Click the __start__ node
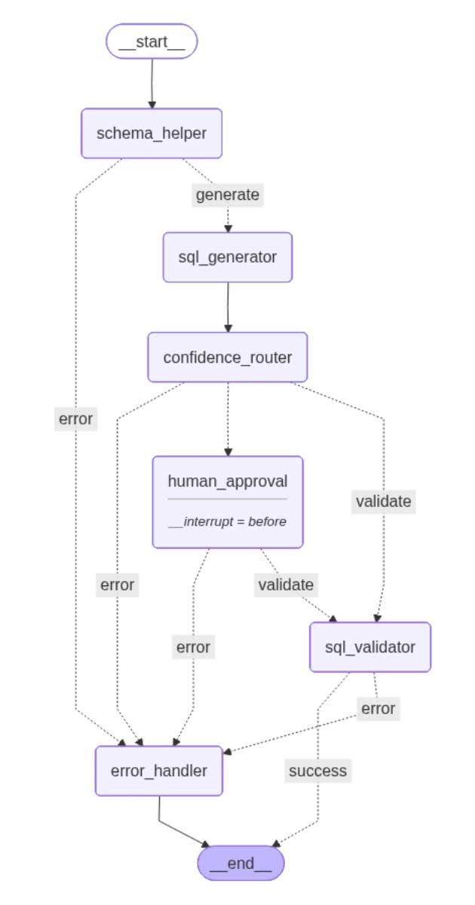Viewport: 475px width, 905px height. tap(152, 41)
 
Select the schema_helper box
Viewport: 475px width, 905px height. tap(152, 133)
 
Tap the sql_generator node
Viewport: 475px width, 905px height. tap(227, 257)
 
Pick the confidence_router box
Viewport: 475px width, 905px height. tap(227, 357)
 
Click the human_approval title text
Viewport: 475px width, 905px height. tap(227, 481)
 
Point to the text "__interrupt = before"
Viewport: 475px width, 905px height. tap(227, 521)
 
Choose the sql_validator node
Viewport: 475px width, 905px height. tap(369, 647)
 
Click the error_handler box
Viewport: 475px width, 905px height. tap(159, 771)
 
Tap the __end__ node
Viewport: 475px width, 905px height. tap(241, 863)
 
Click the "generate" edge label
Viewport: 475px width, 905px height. tap(227, 195)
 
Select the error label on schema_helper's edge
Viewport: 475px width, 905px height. tap(75, 419)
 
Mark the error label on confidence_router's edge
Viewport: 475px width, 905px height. tap(117, 584)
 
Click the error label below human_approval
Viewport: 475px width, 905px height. tap(193, 646)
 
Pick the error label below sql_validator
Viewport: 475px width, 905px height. tap(378, 708)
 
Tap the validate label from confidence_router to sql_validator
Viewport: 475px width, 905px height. tap(383, 501)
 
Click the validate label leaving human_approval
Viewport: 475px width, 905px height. tap(286, 584)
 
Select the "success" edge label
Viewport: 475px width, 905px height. tap(317, 770)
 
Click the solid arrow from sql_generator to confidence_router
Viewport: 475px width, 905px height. tap(227, 307)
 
